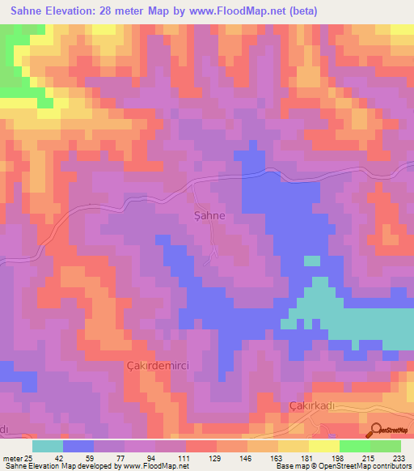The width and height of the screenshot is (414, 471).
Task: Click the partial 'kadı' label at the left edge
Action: point(4,428)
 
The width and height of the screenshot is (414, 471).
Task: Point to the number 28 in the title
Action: point(113,11)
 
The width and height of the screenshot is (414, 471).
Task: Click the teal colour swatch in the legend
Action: point(48,446)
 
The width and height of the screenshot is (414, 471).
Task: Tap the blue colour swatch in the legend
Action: point(78,446)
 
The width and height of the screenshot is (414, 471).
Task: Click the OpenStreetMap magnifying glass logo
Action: point(375,430)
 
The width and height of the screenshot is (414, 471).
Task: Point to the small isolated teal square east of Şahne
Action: point(311,261)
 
